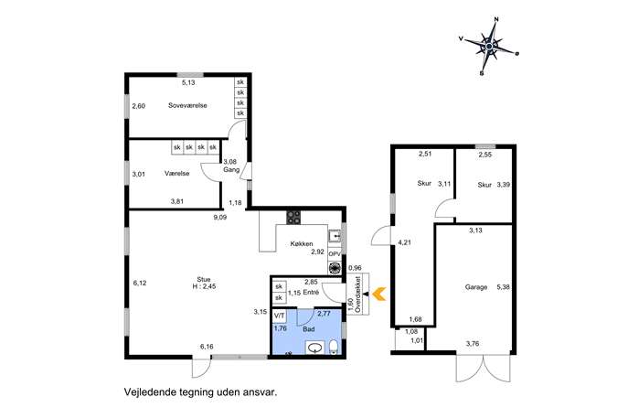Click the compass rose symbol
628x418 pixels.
(x=489, y=47)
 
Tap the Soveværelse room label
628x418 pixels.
(x=187, y=106)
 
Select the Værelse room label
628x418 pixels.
(x=177, y=174)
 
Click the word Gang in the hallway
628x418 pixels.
(x=231, y=169)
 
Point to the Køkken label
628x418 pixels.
(x=302, y=243)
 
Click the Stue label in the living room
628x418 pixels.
(x=204, y=279)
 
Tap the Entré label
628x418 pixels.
(x=311, y=292)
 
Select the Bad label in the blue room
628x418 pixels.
(x=309, y=329)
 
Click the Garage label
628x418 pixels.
(x=476, y=287)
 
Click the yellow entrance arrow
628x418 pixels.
(x=378, y=294)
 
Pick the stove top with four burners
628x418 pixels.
(x=293, y=217)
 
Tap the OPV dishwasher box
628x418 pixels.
(x=335, y=254)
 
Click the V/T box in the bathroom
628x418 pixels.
(x=279, y=316)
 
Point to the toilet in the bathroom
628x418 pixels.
(x=334, y=348)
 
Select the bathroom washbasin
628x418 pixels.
(x=316, y=348)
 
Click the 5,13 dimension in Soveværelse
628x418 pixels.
(x=188, y=83)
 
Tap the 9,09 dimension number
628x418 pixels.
(x=220, y=218)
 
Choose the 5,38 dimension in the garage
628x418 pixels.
(x=503, y=287)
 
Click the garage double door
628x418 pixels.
(x=484, y=368)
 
